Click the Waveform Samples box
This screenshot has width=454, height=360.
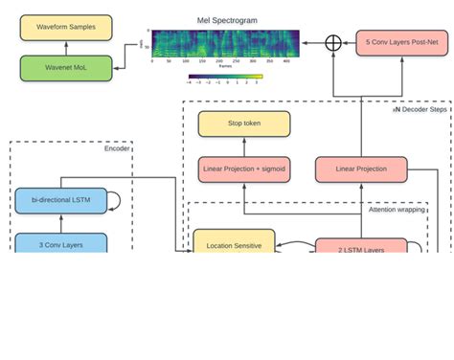click(x=66, y=27)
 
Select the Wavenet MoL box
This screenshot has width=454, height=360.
click(x=66, y=67)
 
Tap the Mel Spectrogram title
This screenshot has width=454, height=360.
click(x=226, y=19)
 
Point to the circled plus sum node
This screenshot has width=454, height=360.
click(x=333, y=42)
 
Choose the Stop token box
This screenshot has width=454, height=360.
click(x=243, y=124)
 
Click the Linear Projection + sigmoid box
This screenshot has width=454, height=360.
click(x=243, y=169)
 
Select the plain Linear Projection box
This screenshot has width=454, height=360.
click(x=361, y=169)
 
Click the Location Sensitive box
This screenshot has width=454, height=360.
click(x=234, y=245)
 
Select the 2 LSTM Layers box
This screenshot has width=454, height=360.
click(x=361, y=249)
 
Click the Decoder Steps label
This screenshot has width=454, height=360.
click(x=420, y=109)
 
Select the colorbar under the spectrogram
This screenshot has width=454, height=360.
click(x=225, y=77)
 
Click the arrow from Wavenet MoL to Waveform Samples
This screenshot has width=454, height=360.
click(x=66, y=47)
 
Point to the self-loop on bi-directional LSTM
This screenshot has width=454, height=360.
click(x=114, y=201)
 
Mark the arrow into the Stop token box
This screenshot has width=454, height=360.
click(x=243, y=146)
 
